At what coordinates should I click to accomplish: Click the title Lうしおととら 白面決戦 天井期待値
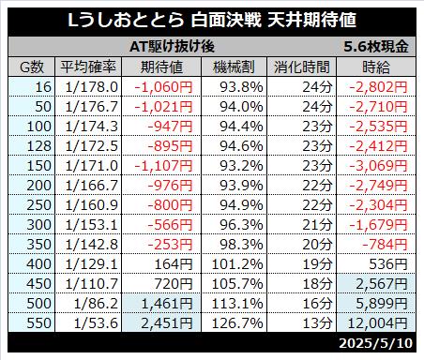coord(212,20)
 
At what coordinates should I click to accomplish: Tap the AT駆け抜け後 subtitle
coord(172,47)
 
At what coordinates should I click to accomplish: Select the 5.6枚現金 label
coord(376,47)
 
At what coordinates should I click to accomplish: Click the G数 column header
coord(32,67)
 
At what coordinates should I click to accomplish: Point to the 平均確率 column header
coord(88,67)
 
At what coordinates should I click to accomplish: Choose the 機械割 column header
coord(234,67)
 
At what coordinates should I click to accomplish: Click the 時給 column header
coord(376,67)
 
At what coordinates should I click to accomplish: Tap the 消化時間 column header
coord(302,67)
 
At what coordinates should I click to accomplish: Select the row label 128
coord(39,146)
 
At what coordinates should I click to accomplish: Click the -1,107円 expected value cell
coord(163,166)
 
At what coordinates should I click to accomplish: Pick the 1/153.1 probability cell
coord(91,225)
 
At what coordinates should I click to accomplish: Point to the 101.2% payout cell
coord(237,264)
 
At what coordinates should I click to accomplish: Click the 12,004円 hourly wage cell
coord(377,323)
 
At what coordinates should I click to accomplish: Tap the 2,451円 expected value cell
coord(167,323)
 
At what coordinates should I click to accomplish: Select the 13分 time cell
coord(317,323)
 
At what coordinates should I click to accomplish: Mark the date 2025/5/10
coord(376,343)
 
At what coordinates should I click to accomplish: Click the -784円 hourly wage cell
coord(385,245)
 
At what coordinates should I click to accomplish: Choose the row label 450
coord(39,284)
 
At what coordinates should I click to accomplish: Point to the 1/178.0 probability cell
coord(91,87)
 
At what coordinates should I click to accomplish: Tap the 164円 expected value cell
coord(174,264)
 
